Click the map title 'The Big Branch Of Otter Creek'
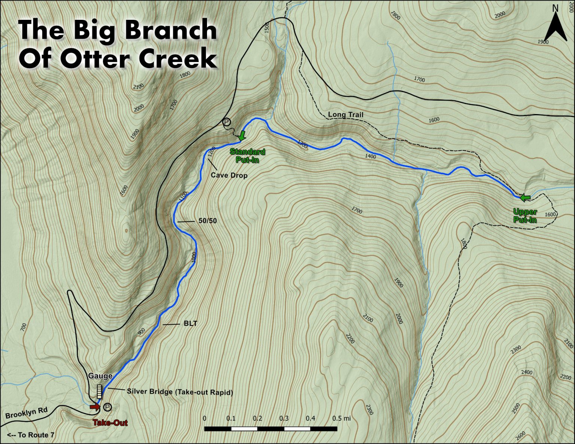118,44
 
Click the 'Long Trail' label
345,114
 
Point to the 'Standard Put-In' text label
247,156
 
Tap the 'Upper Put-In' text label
525,216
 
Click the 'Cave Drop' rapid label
229,175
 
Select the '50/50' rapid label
207,221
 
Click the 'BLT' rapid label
190,324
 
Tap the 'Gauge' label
100,376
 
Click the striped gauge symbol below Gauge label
99,391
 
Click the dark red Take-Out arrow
95,407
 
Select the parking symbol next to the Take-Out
107,407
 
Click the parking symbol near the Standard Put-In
226,122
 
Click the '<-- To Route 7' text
30,435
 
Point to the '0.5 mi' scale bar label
341,418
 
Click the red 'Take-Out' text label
110,423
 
